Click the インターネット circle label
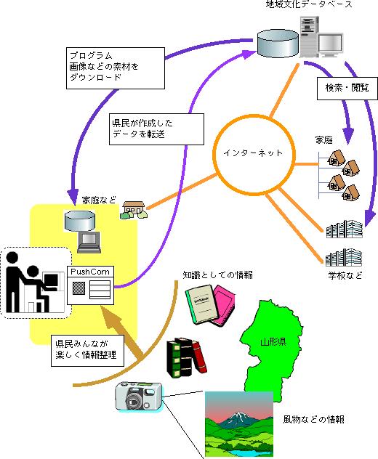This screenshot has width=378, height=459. click(x=253, y=153)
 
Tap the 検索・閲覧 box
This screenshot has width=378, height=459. click(x=347, y=88)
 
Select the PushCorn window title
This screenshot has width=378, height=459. click(x=90, y=272)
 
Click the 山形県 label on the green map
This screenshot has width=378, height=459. click(x=273, y=341)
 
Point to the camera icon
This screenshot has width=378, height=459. click(x=139, y=397)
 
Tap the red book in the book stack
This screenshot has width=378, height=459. click(x=198, y=357)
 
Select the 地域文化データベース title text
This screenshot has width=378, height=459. click(x=310, y=4)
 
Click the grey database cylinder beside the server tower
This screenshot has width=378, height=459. click(x=278, y=44)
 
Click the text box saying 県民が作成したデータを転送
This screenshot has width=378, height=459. click(x=156, y=129)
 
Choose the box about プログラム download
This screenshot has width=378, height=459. click(x=116, y=68)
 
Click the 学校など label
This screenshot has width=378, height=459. click(x=345, y=275)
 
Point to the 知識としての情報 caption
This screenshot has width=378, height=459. click(x=217, y=275)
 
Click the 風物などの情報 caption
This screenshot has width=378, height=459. click(x=313, y=420)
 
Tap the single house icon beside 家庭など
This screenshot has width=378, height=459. click(x=134, y=210)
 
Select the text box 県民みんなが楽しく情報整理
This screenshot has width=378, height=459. click(x=88, y=350)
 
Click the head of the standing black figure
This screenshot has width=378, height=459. click(x=12, y=259)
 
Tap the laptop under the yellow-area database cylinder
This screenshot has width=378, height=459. click(x=89, y=243)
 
